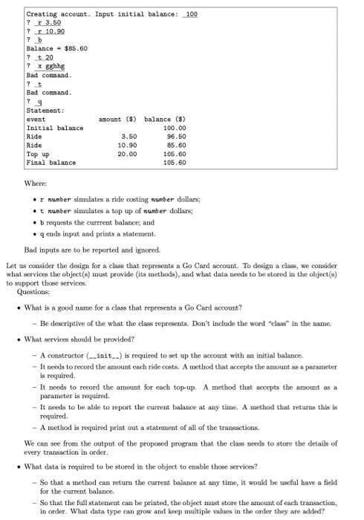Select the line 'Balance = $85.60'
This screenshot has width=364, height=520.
pos(56,48)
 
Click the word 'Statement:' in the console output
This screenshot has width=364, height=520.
pos(48,111)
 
